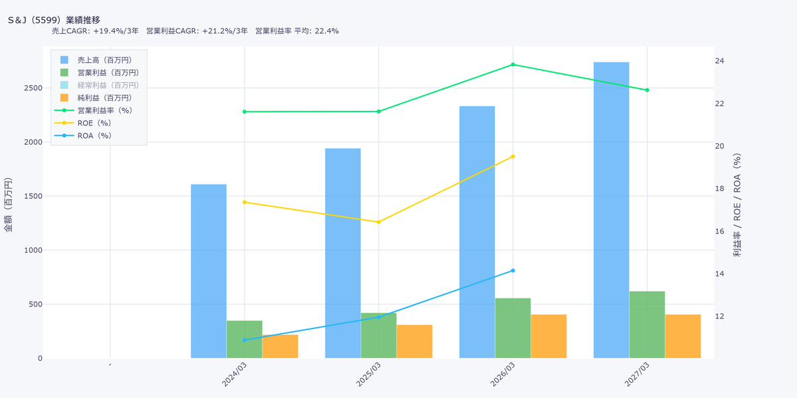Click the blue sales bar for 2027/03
coord(611,210)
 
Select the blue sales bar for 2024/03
coord(209,271)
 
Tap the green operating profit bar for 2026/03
coord(513,328)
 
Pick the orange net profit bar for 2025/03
coord(414,342)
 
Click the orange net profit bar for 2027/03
coord(683,336)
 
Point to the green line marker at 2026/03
coord(513,65)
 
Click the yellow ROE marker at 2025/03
coord(379,222)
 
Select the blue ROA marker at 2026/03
coord(513,271)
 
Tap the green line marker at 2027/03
coord(647,90)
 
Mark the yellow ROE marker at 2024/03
coord(244,202)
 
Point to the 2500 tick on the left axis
coord(33,88)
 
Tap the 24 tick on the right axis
coord(719,61)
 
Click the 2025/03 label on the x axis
coord(369,374)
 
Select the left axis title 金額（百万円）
coord(8,205)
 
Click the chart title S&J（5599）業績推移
coord(54,20)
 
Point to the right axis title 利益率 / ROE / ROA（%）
coord(737,205)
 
